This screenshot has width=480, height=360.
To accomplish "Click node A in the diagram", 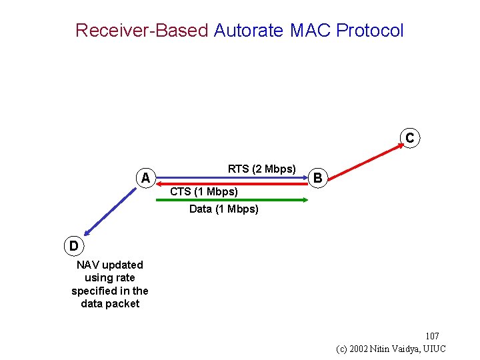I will (x=146, y=178).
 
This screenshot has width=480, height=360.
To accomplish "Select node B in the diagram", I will (x=318, y=178).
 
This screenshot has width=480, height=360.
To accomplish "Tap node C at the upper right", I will (x=409, y=138).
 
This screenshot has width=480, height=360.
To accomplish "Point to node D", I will (x=73, y=245).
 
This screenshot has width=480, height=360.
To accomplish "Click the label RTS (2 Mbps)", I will (x=261, y=169).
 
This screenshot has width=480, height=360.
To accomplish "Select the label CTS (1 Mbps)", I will (x=204, y=192).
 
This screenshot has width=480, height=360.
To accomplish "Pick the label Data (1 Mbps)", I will (x=224, y=209).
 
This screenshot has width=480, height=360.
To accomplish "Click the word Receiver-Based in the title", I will (x=141, y=31).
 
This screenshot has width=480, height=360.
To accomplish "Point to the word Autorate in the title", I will (x=249, y=31).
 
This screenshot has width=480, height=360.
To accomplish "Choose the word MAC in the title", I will (x=310, y=31).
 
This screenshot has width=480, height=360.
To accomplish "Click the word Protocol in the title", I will (x=370, y=31).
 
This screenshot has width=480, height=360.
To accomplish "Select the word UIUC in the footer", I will (x=434, y=349).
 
